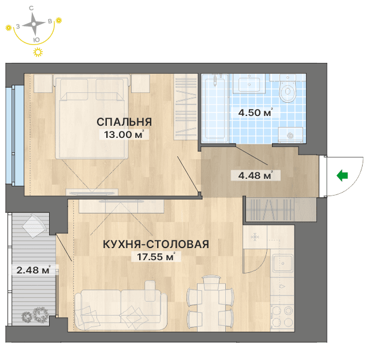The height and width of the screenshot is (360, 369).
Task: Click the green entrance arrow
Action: click(x=342, y=175)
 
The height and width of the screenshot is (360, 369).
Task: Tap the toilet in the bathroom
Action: click(x=288, y=89)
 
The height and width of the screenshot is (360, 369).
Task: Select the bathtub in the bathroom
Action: click(x=215, y=108)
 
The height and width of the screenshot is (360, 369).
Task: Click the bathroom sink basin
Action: click(x=249, y=84)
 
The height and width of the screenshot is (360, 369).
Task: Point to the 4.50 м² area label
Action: click(x=256, y=112)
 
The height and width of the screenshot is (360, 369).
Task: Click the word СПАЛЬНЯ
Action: click(x=124, y=122)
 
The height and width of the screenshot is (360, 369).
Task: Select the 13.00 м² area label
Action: click(x=124, y=134)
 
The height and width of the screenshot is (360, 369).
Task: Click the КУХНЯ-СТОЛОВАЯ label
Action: click(x=156, y=244)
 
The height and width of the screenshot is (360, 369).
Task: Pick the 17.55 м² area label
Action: click(x=156, y=257)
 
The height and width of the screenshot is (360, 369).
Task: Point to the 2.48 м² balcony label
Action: click(x=33, y=269)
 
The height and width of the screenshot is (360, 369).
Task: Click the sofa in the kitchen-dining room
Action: click(x=121, y=305)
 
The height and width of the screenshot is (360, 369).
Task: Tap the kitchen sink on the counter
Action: click(x=282, y=263)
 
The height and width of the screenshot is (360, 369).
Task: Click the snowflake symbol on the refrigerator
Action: click(x=255, y=237)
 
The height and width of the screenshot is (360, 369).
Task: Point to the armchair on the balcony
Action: click(x=34, y=226)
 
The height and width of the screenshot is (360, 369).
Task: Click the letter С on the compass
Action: click(x=31, y=9)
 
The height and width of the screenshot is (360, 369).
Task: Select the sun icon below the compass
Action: click(x=38, y=52)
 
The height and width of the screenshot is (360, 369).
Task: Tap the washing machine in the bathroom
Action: click(x=290, y=135)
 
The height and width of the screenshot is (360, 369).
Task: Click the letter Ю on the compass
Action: click(x=36, y=40)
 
